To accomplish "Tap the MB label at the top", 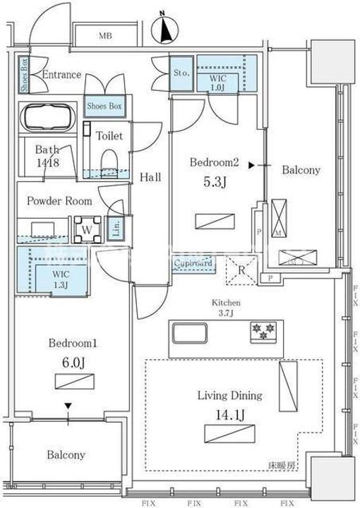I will coord(105,36).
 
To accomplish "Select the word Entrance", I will coord(62,75).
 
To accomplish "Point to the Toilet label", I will coord(110,135).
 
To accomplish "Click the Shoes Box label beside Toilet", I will coord(104,106).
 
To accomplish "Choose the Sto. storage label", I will coord(180,71).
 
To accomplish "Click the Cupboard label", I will coord(194,264).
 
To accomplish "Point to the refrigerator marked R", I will coord(239,270).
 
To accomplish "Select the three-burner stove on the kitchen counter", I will coord(260,330).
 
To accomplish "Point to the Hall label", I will coord(150,177).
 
